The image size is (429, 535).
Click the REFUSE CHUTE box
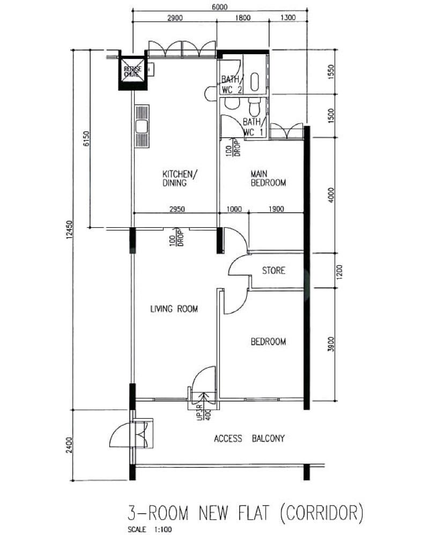point(132,72)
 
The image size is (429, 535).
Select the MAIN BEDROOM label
point(269,178)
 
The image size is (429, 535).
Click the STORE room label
point(273,271)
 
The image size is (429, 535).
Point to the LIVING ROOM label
point(174,309)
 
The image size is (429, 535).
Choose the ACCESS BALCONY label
point(249,439)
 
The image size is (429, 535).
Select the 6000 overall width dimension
point(220,7)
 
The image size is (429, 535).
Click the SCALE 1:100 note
point(152,530)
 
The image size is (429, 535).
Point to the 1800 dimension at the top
point(242,18)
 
